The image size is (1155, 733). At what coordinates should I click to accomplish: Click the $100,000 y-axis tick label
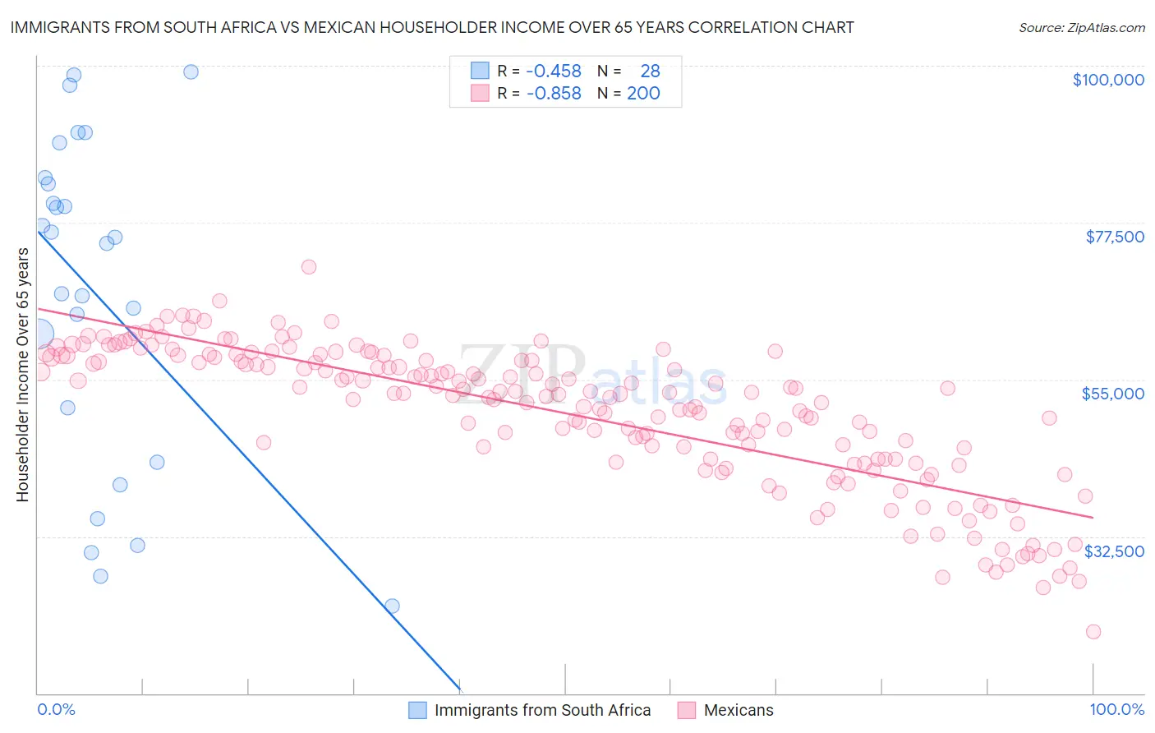[1107, 80]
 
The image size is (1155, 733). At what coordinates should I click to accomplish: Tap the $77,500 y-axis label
[1114, 237]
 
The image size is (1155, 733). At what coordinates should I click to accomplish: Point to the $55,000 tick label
[1112, 394]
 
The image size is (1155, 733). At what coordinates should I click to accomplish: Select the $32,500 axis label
[1114, 551]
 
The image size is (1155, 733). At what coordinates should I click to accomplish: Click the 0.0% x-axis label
[56, 709]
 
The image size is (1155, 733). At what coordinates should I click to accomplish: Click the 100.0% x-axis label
[1116, 709]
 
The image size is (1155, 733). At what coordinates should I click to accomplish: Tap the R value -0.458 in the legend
[553, 71]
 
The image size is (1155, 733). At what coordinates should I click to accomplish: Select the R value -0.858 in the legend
[553, 94]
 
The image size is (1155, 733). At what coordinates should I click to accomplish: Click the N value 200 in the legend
[643, 94]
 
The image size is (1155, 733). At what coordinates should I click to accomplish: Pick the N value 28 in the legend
[650, 71]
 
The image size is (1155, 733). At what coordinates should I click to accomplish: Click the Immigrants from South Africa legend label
[542, 710]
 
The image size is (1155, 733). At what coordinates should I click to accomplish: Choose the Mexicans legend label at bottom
[738, 710]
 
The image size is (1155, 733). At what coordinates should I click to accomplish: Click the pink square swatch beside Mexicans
[687, 710]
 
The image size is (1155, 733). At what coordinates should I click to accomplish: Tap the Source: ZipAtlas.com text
[1081, 28]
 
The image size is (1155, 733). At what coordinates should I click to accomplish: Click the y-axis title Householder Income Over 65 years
[23, 375]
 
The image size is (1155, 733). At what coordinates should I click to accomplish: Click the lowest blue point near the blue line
[392, 606]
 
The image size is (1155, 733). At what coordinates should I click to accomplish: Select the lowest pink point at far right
[1093, 631]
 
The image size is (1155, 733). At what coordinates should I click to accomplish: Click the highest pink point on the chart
[309, 266]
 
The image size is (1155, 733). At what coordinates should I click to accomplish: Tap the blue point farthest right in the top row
[191, 71]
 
